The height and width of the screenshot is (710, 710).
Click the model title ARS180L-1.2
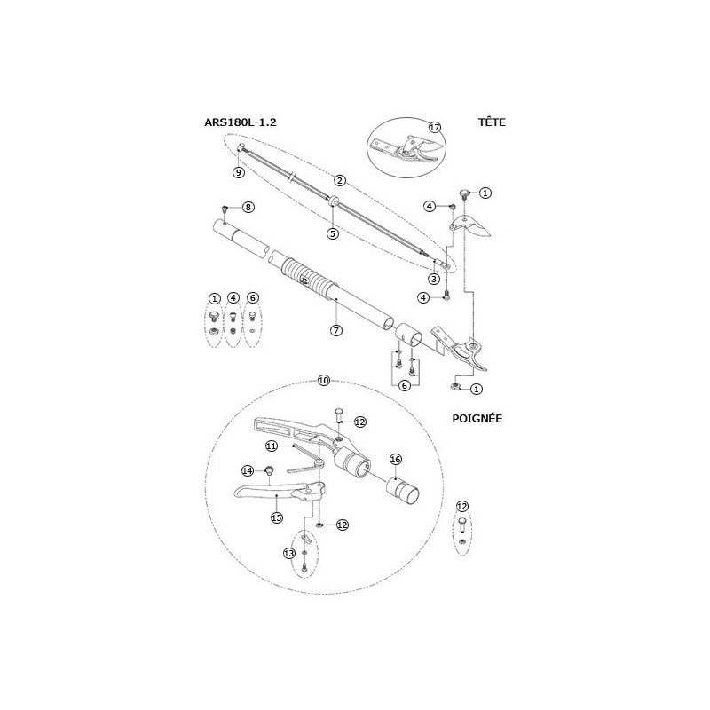pyautogui.click(x=241, y=122)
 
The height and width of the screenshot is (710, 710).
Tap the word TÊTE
pyautogui.click(x=492, y=122)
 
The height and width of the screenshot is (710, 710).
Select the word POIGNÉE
pyautogui.click(x=477, y=418)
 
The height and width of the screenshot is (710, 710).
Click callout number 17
pyautogui.click(x=435, y=127)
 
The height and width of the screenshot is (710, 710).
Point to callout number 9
pyautogui.click(x=238, y=172)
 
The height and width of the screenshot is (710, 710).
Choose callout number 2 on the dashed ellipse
pyautogui.click(x=340, y=180)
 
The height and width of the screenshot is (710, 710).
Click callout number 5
pyautogui.click(x=333, y=233)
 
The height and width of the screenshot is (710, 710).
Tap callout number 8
pyautogui.click(x=248, y=207)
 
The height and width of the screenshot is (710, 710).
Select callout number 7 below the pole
pyautogui.click(x=336, y=330)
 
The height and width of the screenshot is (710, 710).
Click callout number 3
pyautogui.click(x=434, y=279)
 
